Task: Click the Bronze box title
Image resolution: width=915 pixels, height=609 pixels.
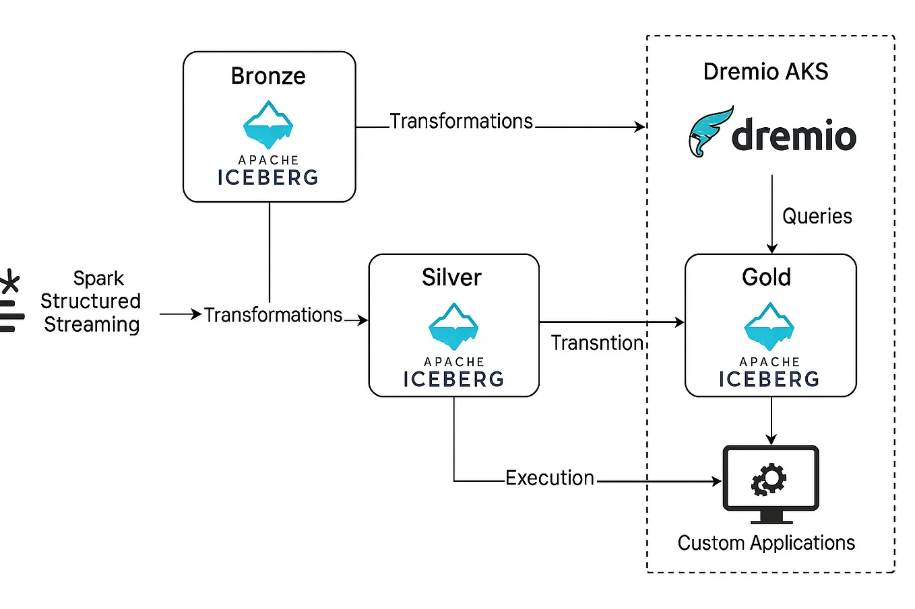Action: [268, 76]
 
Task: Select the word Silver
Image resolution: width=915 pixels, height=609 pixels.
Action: [451, 277]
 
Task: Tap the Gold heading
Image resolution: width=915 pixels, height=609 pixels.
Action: [766, 277]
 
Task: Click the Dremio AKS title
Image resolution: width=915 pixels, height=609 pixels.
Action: [765, 71]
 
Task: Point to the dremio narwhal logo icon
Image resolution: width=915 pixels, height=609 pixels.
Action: [709, 131]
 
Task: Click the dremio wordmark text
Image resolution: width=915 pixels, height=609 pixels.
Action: [794, 135]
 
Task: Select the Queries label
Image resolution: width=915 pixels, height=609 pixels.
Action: [817, 216]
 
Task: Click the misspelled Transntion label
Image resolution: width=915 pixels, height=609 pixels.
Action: [598, 343]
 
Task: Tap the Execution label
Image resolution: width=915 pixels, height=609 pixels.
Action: [550, 478]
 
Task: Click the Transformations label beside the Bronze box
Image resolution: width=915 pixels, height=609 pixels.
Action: [462, 121]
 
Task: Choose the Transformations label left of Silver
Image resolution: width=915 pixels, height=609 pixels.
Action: [273, 315]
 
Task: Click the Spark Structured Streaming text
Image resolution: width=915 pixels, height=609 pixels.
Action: [92, 301]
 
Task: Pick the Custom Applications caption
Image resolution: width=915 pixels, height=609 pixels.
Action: [766, 542]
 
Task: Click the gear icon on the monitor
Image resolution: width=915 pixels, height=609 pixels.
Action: [769, 479]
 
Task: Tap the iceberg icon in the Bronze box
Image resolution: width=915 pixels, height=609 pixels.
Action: [268, 125]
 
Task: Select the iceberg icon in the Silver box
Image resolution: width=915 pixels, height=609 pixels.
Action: [453, 327]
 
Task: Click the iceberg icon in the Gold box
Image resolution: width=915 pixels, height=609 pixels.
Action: [769, 327]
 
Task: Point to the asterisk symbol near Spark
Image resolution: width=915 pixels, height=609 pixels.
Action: [9, 281]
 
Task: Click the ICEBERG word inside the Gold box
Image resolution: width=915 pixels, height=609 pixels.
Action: [769, 380]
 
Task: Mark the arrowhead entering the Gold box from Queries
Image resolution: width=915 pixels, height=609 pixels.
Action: [772, 248]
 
